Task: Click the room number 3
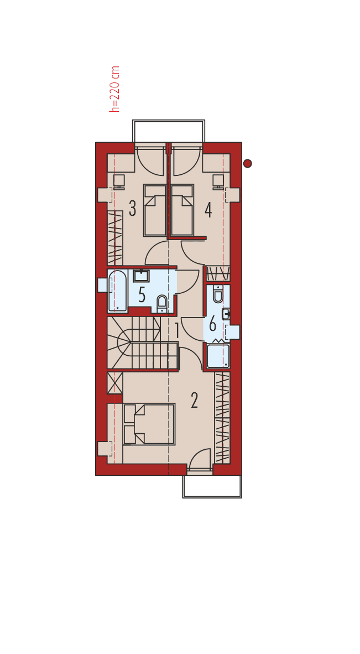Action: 133,208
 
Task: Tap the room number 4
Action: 208,210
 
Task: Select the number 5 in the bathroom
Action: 142,295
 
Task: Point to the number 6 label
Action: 212,324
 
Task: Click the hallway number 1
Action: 177,331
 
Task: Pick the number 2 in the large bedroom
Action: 194,400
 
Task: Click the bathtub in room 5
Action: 117,290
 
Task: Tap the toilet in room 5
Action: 161,303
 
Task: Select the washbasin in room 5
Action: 141,276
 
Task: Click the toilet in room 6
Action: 218,294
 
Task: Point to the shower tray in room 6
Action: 218,356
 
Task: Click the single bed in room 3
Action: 155,210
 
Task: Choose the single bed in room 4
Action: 182,210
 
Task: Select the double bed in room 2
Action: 149,424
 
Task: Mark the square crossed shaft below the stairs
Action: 114,383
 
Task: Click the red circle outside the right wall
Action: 247,163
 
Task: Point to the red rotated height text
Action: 114,89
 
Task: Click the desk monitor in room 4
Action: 218,180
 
